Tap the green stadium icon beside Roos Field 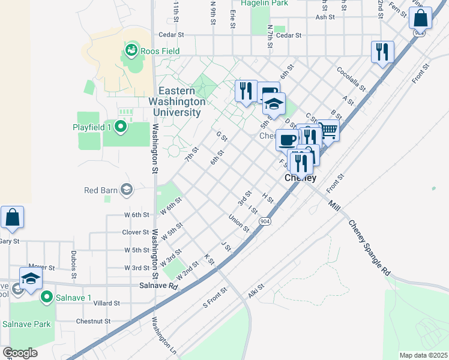pyautogui.click(x=131, y=51)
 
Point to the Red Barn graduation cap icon pyautogui.click(x=126, y=190)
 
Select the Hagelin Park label pyautogui.click(x=265, y=4)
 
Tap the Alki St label pyautogui.click(x=256, y=291)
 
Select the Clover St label pyautogui.click(x=135, y=232)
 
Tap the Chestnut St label pyautogui.click(x=93, y=321)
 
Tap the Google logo pyautogui.click(x=20, y=353)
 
